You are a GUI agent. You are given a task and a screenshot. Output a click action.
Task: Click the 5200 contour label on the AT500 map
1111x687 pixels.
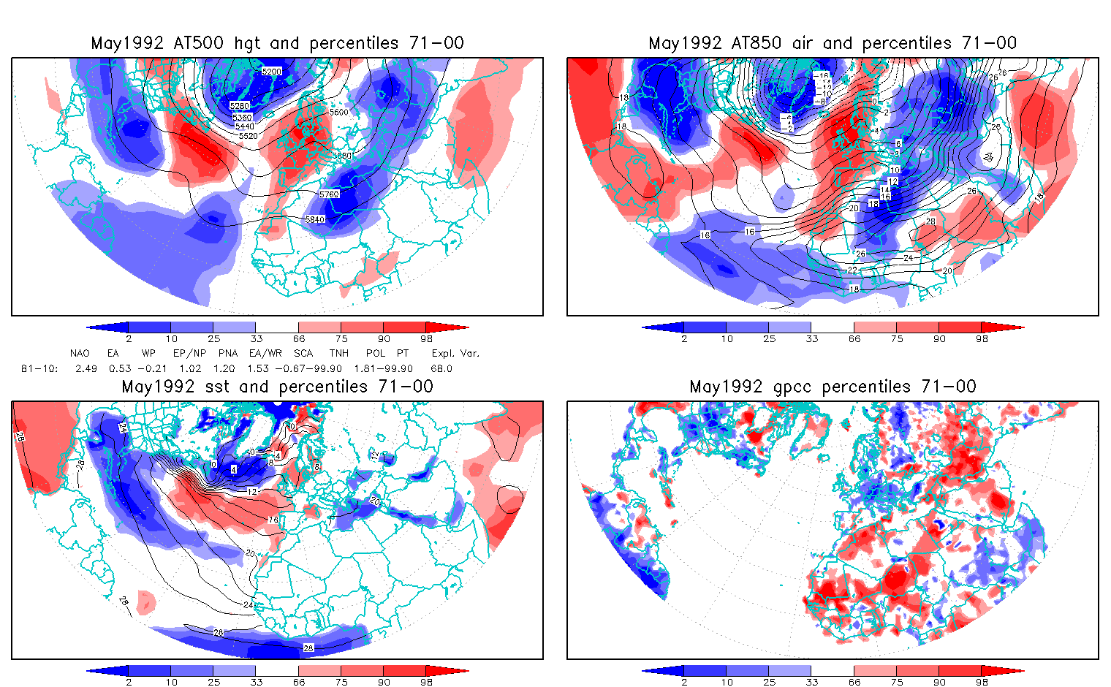point(271,72)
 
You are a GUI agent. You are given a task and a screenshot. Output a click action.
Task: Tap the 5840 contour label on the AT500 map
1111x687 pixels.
point(315,220)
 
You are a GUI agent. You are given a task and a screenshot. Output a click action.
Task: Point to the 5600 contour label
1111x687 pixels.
point(339,113)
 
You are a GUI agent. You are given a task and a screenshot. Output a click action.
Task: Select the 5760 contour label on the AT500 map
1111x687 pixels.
point(330,194)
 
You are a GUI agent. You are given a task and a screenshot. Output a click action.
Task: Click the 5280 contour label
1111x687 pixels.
point(240,107)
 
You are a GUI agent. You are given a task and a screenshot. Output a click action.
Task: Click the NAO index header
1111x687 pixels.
point(80,353)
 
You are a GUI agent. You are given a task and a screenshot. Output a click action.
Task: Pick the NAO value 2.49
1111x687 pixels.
point(86,368)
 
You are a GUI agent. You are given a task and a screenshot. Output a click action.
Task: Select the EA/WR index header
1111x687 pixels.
point(265,353)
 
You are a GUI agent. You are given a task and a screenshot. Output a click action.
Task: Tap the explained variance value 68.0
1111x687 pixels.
point(441,368)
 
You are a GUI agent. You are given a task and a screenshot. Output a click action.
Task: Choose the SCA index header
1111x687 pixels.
point(303,353)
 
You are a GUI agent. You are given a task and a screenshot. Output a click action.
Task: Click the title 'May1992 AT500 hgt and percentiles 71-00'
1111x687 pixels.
point(277,43)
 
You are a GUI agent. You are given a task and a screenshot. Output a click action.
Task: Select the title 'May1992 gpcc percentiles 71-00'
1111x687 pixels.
point(833,387)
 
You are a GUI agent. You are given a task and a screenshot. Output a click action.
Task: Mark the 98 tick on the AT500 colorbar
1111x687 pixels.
point(427,338)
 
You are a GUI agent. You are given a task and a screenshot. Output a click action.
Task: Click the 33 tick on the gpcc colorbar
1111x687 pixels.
point(812,682)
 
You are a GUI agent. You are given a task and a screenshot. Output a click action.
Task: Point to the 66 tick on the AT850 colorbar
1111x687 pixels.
point(854,338)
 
